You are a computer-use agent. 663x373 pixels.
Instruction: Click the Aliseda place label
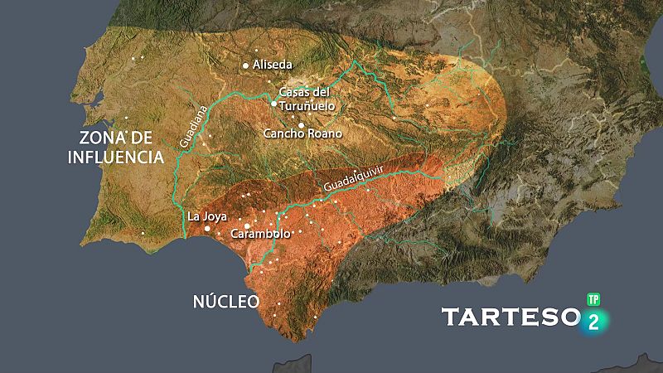pyautogui.click(x=273, y=65)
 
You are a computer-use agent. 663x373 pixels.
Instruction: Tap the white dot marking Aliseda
pyautogui.click(x=245, y=65)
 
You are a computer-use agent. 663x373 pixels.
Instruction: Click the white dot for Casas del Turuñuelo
pyautogui.click(x=273, y=104)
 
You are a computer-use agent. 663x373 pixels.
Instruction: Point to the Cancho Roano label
pyautogui.click(x=302, y=133)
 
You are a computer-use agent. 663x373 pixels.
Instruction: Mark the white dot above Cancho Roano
pyautogui.click(x=302, y=124)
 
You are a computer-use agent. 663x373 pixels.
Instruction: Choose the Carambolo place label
pyautogui.click(x=261, y=234)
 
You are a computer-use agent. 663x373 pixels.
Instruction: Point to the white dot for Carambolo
pyautogui.click(x=247, y=225)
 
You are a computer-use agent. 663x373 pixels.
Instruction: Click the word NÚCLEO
pyautogui.click(x=226, y=301)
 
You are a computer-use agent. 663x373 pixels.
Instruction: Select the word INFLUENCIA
pyautogui.click(x=115, y=157)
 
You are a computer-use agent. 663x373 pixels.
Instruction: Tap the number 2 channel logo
pyautogui.click(x=593, y=322)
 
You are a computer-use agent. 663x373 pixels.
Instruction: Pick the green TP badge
pyautogui.click(x=593, y=298)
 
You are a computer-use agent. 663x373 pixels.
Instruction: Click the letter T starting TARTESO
pyautogui.click(x=450, y=317)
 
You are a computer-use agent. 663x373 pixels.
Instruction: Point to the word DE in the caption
pyautogui.click(x=155, y=138)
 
